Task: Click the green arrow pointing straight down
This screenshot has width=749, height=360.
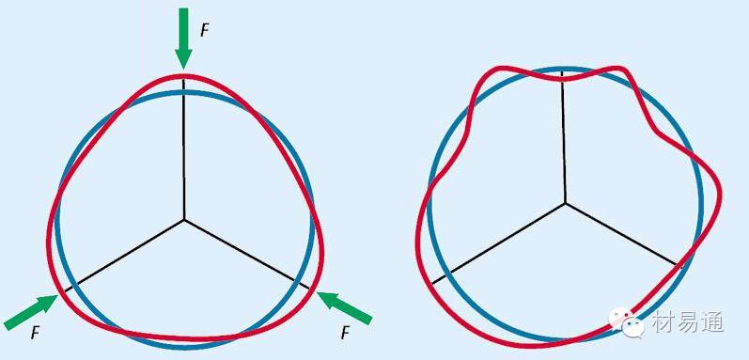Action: pyautogui.click(x=183, y=39)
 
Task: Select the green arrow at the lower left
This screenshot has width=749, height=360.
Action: pyautogui.click(x=31, y=312)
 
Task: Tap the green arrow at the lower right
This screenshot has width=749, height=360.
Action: pyautogui.click(x=344, y=308)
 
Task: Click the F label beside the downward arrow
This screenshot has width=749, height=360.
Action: pyautogui.click(x=205, y=31)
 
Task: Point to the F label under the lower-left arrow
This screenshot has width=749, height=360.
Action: pyautogui.click(x=35, y=333)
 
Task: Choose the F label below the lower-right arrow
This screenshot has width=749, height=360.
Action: pyautogui.click(x=345, y=333)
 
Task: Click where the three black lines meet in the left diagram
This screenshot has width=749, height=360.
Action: pyautogui.click(x=184, y=220)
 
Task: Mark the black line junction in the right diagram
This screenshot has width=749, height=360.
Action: pyautogui.click(x=566, y=203)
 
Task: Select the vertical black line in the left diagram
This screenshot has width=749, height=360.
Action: pyautogui.click(x=184, y=149)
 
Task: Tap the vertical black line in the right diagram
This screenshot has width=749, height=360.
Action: pyautogui.click(x=565, y=136)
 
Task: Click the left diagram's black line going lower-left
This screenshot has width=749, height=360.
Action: pyautogui.click(x=124, y=256)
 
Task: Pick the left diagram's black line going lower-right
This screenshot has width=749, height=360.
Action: pyautogui.click(x=246, y=254)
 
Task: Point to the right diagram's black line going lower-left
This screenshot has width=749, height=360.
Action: pyautogui.click(x=499, y=243)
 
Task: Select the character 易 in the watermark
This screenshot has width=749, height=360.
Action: pyautogui.click(x=686, y=321)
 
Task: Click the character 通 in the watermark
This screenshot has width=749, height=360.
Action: pyautogui.click(x=712, y=321)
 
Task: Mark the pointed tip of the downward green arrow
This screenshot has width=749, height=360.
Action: pyautogui.click(x=183, y=70)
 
